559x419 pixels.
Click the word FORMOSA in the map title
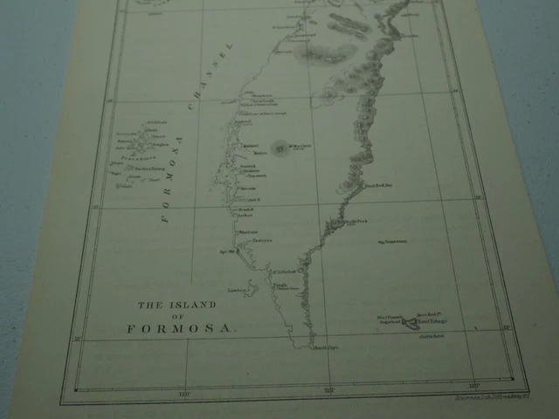pos(182,329)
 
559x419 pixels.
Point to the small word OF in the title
pos(178,316)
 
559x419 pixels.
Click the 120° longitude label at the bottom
pos(183,393)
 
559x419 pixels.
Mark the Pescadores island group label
pos(133,161)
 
